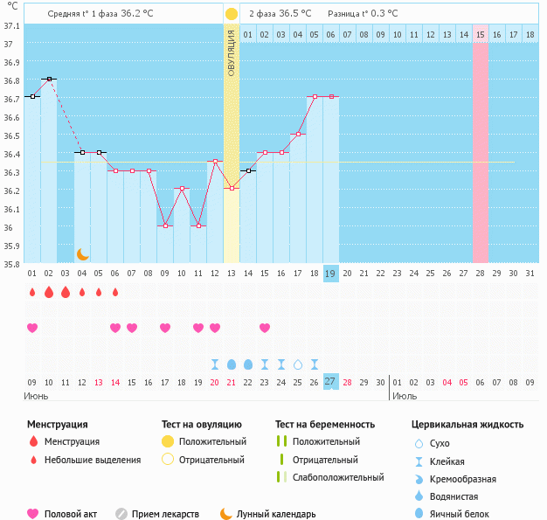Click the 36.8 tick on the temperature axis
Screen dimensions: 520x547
click(12, 81)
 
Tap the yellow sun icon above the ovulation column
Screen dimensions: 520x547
click(231, 14)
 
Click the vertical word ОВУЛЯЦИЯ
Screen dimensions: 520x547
click(232, 52)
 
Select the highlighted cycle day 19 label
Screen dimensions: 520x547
click(330, 274)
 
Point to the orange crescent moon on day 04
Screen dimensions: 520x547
click(83, 253)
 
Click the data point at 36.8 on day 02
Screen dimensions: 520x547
click(49, 79)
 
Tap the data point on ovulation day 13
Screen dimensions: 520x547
click(232, 188)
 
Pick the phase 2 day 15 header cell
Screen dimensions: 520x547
click(481, 34)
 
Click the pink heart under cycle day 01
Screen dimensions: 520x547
click(32, 328)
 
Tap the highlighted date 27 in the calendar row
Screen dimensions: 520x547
click(330, 381)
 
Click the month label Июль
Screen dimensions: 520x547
click(405, 396)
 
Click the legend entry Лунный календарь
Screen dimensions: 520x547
click(278, 514)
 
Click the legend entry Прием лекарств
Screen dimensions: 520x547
click(165, 514)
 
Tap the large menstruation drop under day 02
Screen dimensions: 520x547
click(49, 292)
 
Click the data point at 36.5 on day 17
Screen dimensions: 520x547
click(298, 134)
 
